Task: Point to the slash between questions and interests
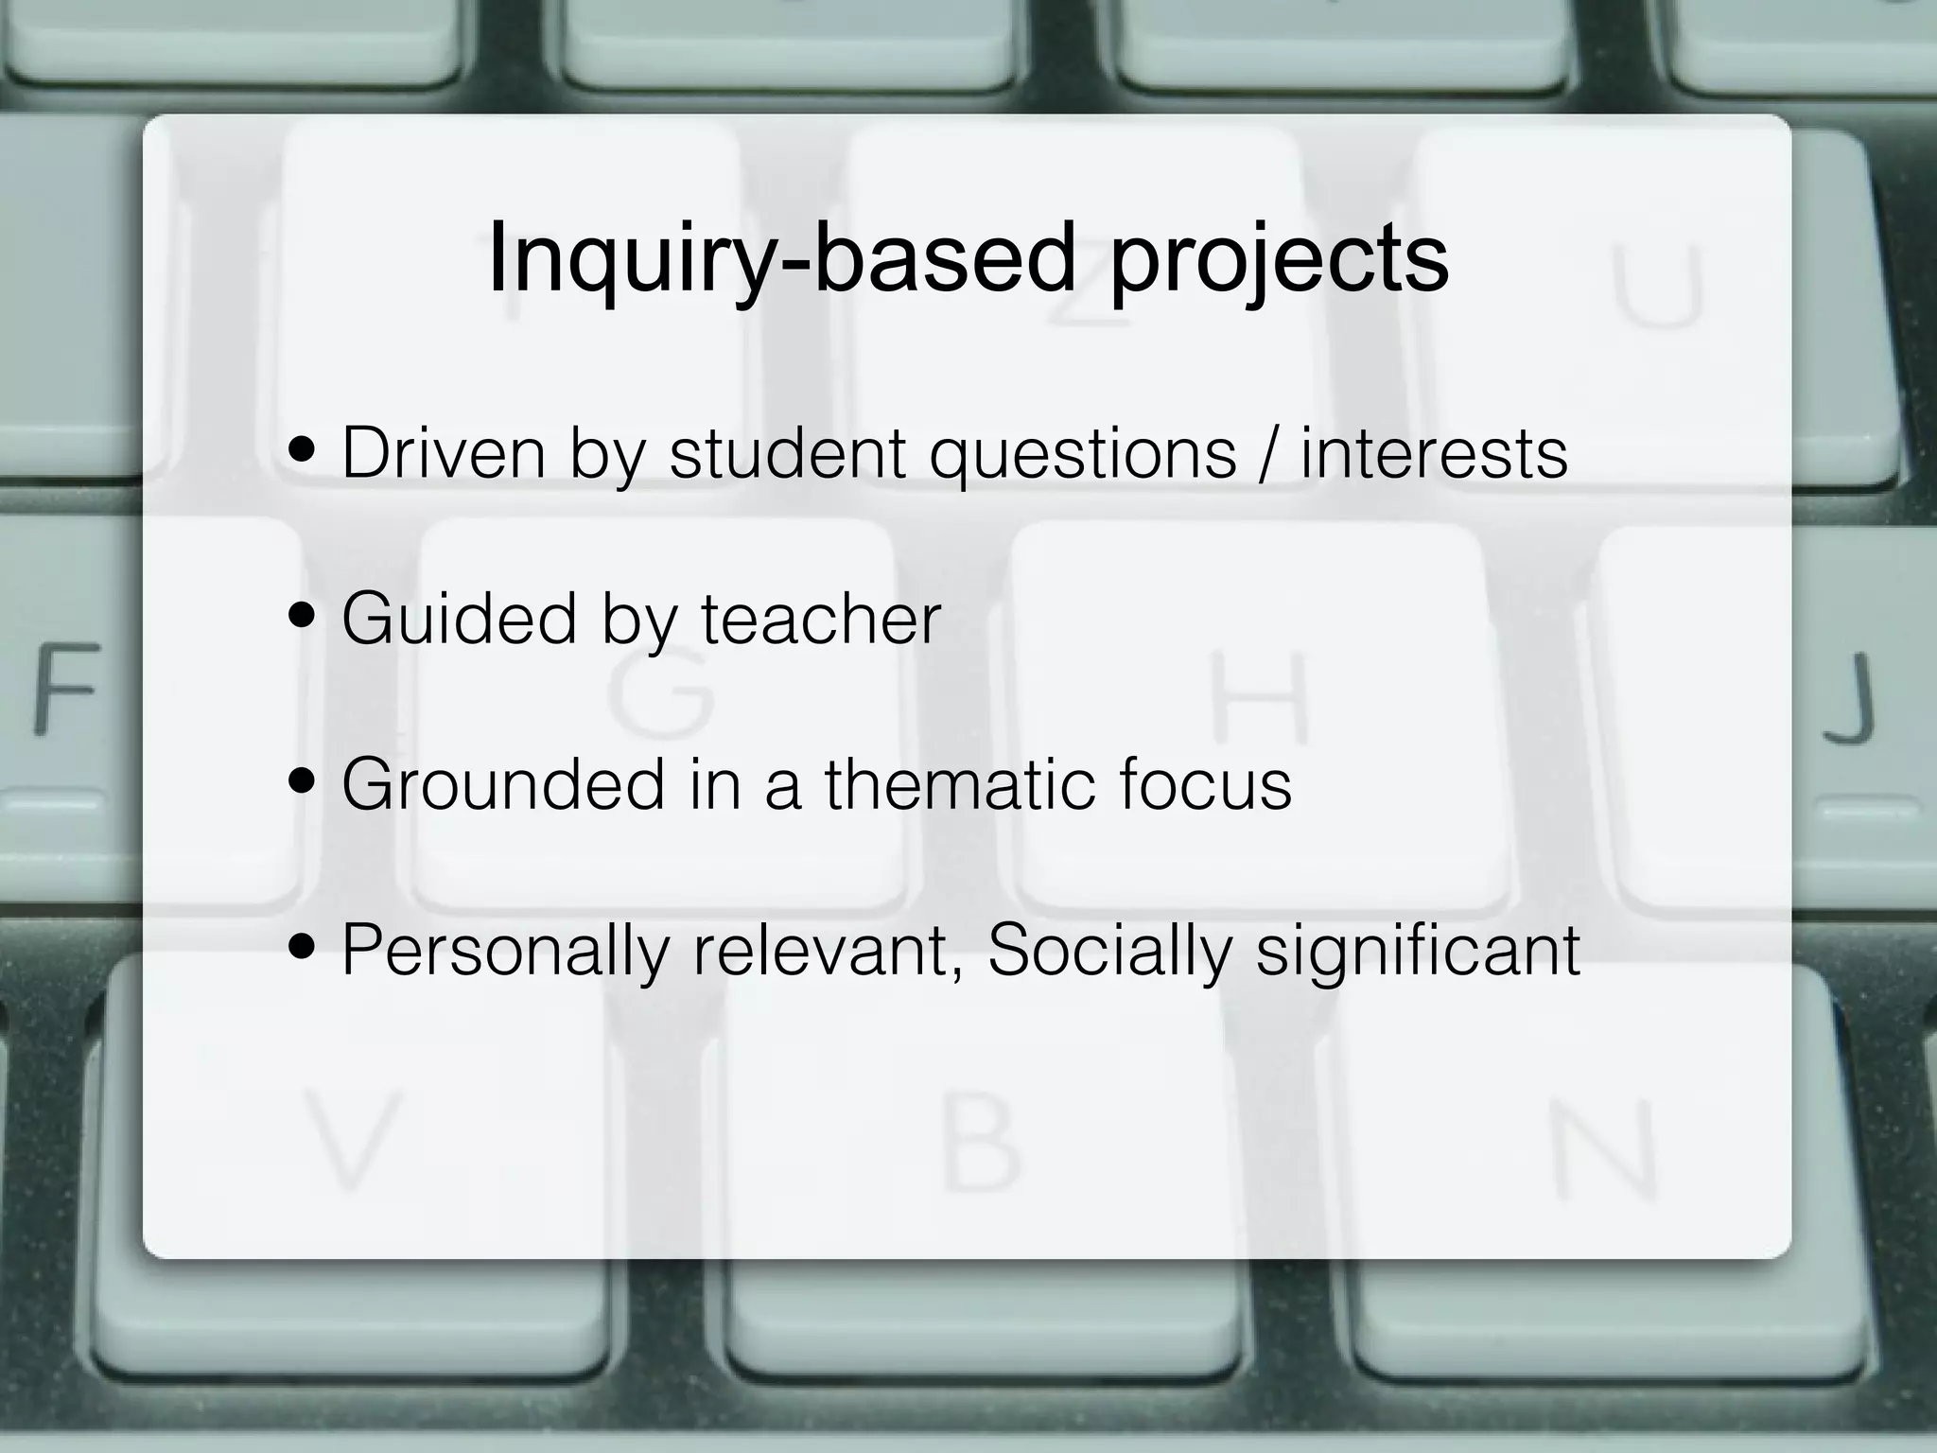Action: (x=1268, y=454)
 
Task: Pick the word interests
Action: (x=1434, y=453)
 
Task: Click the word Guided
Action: (x=459, y=619)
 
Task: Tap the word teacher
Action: (x=821, y=620)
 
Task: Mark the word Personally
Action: (x=505, y=952)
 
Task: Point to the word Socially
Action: (x=1110, y=952)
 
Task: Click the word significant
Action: (x=1418, y=952)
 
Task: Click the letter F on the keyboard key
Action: (x=66, y=688)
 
